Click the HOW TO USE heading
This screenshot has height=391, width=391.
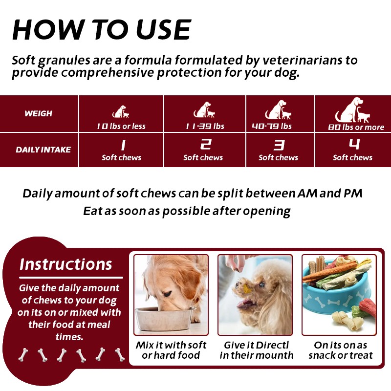pos(101,30)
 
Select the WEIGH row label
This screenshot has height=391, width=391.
pos(38,113)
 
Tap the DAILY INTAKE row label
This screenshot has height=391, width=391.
pos(43,150)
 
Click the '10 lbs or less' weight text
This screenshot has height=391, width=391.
pos(121,126)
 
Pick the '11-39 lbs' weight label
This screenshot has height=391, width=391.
pos(205,126)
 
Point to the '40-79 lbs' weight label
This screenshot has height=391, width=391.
pos(272,126)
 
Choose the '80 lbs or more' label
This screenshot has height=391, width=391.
pos(356,127)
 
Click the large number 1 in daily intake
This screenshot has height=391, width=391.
pos(122,145)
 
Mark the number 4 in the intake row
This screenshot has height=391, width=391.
pos(354,144)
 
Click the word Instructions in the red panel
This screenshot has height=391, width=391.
pos(66,264)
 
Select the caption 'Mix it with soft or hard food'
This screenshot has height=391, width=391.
pos(171,350)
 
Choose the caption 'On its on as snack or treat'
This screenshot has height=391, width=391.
pos(341,350)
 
